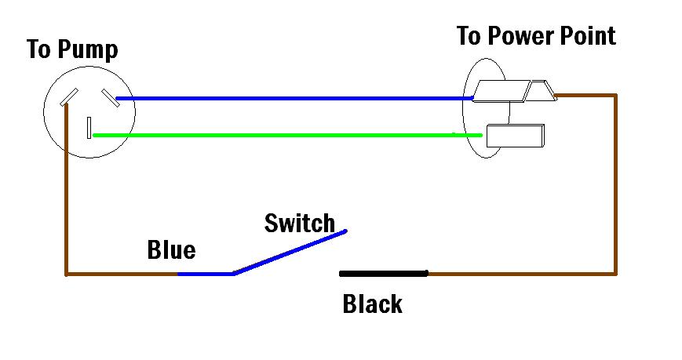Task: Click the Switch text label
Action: pyautogui.click(x=299, y=224)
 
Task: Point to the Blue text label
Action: pyautogui.click(x=171, y=250)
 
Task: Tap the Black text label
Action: pyautogui.click(x=372, y=304)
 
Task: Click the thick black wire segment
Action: pyautogui.click(x=384, y=274)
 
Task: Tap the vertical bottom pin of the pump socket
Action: pyautogui.click(x=90, y=127)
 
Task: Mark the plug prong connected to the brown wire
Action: pyautogui.click(x=542, y=93)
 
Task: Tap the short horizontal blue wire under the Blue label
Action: pyautogui.click(x=205, y=274)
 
